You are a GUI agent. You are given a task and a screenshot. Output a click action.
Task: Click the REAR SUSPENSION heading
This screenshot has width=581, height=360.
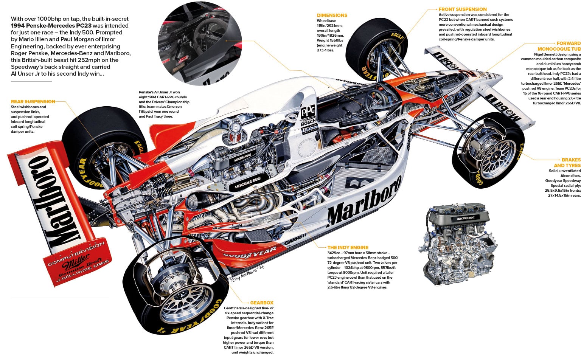click(33, 101)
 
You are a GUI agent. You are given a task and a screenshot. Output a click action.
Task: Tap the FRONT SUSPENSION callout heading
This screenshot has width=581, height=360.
click(462, 9)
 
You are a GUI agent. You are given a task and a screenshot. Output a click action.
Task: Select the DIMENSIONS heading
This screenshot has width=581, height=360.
click(332, 15)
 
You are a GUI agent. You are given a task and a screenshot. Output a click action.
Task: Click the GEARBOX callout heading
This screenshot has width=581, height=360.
click(261, 303)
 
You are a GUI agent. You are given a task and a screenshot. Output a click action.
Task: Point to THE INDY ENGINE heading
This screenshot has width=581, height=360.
click(348, 247)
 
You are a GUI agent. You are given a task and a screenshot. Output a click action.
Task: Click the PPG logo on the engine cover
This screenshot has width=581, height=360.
click(308, 112)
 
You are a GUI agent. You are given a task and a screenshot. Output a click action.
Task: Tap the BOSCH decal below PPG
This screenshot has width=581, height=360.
click(308, 123)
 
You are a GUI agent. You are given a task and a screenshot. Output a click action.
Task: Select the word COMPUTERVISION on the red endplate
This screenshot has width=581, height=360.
click(76, 254)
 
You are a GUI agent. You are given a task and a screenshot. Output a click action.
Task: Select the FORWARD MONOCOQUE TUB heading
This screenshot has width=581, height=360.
click(559, 46)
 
